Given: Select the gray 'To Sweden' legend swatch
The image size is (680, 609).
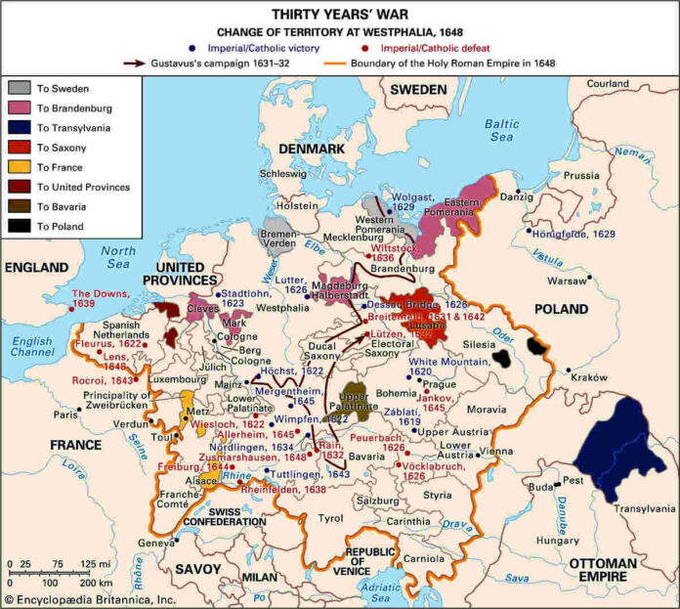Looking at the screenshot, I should tap(21, 88).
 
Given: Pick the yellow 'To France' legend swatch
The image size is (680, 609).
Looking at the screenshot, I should tap(21, 166).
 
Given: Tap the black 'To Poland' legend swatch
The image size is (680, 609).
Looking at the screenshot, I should tap(21, 226).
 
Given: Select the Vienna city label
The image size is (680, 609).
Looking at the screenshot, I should tap(495, 451).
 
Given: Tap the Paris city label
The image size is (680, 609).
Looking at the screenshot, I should tap(65, 414).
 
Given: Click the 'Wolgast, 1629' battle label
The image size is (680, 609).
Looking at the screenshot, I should tap(417, 203).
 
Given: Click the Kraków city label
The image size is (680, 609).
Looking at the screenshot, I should tap(584, 376).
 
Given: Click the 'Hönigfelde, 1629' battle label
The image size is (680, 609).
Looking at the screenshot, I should tap(576, 234).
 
